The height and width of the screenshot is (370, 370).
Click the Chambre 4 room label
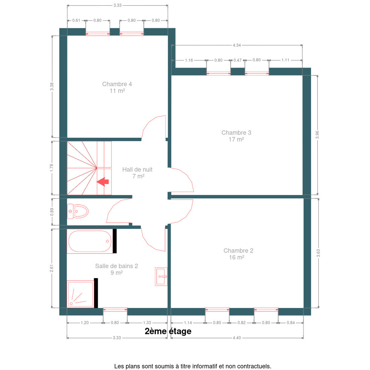coord(117,87)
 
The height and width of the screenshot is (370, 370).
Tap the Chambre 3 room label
coord(236,136)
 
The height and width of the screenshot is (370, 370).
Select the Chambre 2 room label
coord(238,254)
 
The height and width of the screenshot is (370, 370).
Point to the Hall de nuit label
coord(137,173)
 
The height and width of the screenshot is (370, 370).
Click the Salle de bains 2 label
coord(117,269)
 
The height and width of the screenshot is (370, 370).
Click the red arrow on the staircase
coord(103,182)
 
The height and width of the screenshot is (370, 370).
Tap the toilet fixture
coord(78,211)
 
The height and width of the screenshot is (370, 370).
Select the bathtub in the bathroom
coord(90,241)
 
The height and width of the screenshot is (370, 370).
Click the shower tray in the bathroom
coord(80,294)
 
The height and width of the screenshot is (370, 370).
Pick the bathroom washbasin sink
coord(161,276)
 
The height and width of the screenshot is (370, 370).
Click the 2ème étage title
coord(168,331)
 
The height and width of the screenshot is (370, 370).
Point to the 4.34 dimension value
coord(237,45)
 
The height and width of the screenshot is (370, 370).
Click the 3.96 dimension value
coord(317,135)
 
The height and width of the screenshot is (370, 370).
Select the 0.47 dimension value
coord(237,60)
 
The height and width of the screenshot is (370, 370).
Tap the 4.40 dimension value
coord(237,343)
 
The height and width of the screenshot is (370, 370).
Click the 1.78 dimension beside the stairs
coord(52,168)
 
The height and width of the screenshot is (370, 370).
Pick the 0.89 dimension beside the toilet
coord(52,212)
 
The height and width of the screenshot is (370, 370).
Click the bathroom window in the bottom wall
coord(115,310)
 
